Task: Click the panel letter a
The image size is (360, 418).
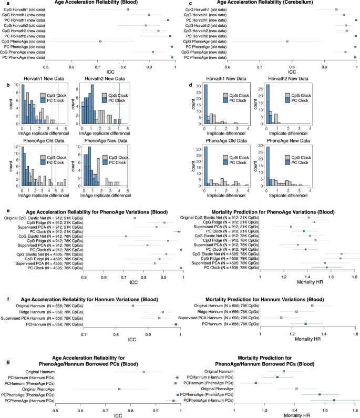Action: [x=3, y=3]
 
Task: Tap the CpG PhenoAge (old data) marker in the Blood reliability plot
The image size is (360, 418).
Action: [x=100, y=41]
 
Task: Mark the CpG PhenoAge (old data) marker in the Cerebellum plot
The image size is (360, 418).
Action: [x=287, y=41]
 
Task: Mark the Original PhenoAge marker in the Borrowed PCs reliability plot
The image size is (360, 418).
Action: [x=119, y=389]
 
